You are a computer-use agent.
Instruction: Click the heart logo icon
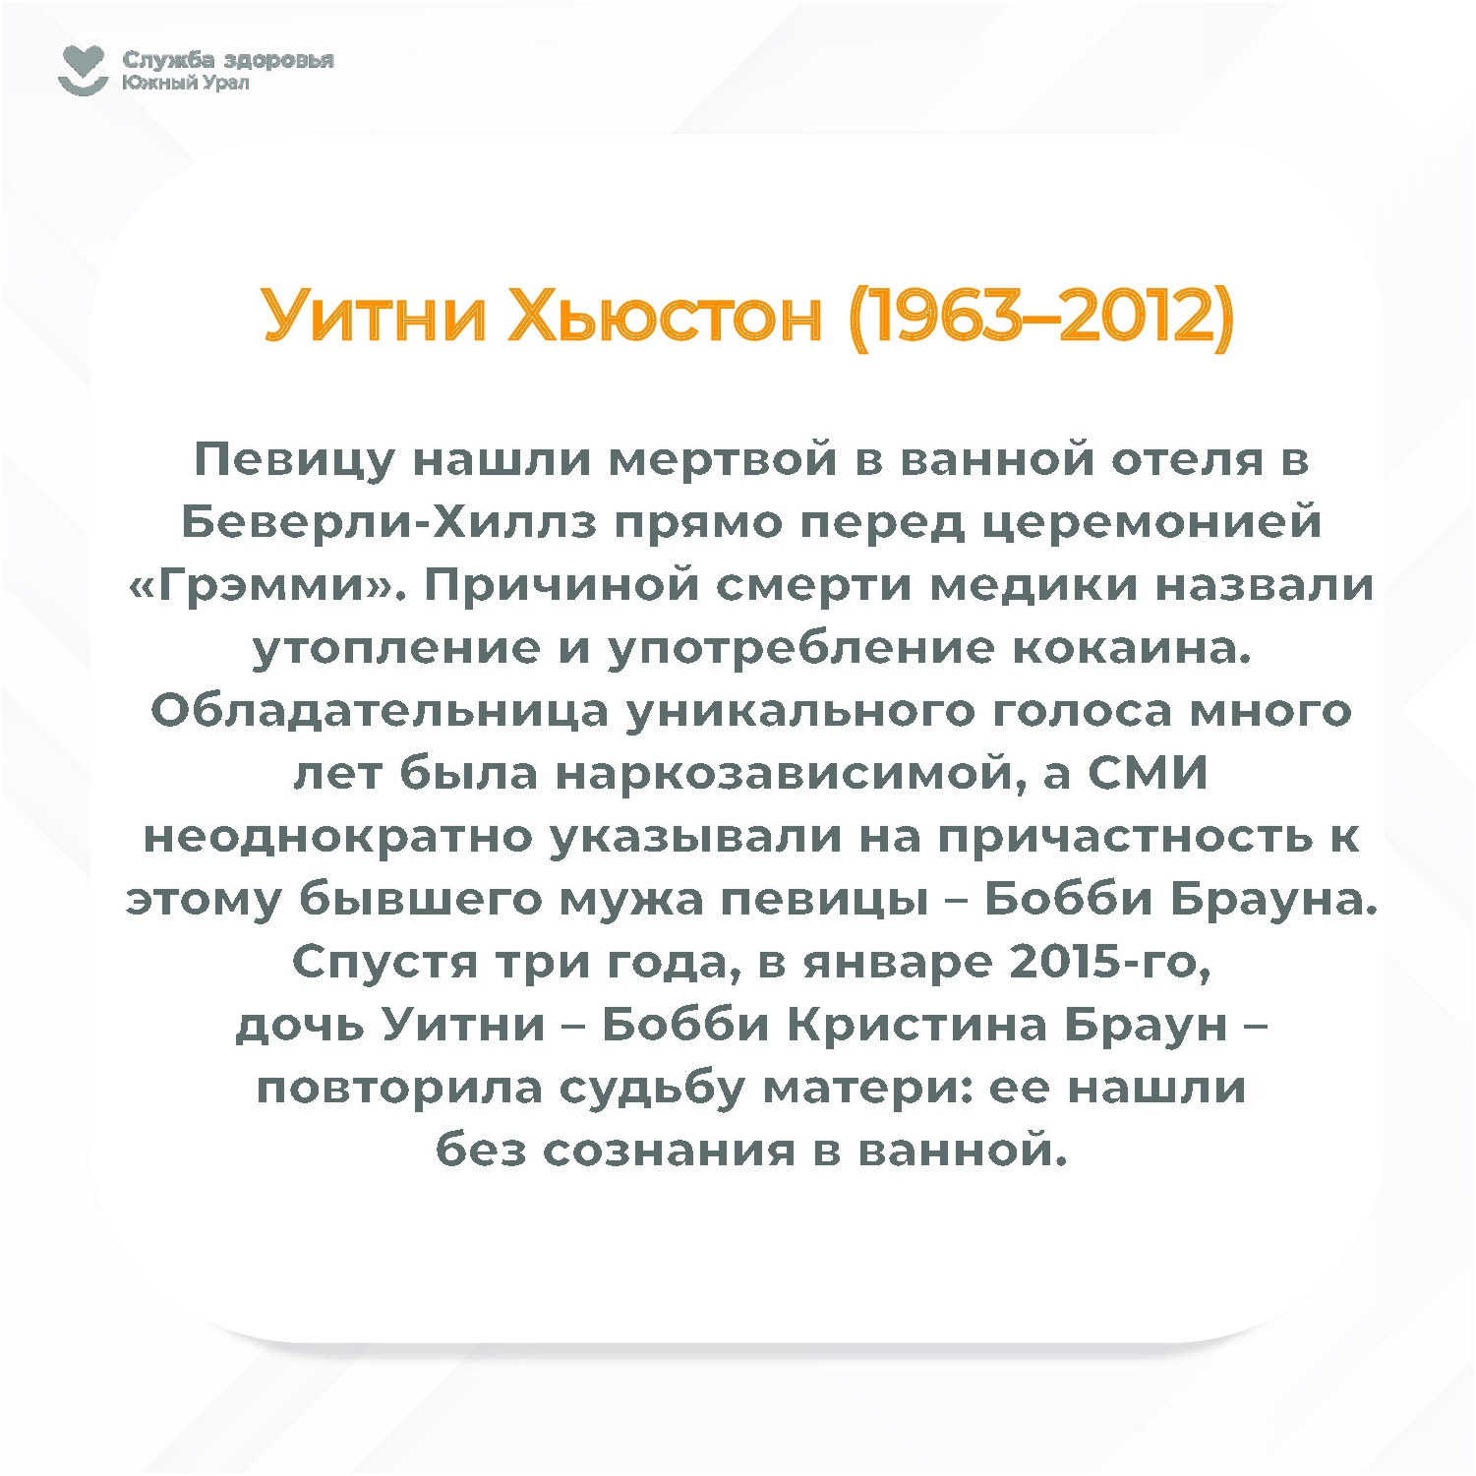pos(83,71)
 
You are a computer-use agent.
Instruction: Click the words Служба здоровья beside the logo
pos(228,60)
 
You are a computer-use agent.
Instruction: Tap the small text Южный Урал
pos(186,83)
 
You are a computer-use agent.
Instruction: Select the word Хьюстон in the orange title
pos(665,317)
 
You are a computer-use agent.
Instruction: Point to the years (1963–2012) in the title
pos(1041,317)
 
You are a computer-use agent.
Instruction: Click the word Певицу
pos(294,460)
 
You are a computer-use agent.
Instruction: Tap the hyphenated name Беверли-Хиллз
pos(388,522)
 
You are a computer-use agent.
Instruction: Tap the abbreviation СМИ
pos(1148,774)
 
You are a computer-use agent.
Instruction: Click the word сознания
pos(669,1151)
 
